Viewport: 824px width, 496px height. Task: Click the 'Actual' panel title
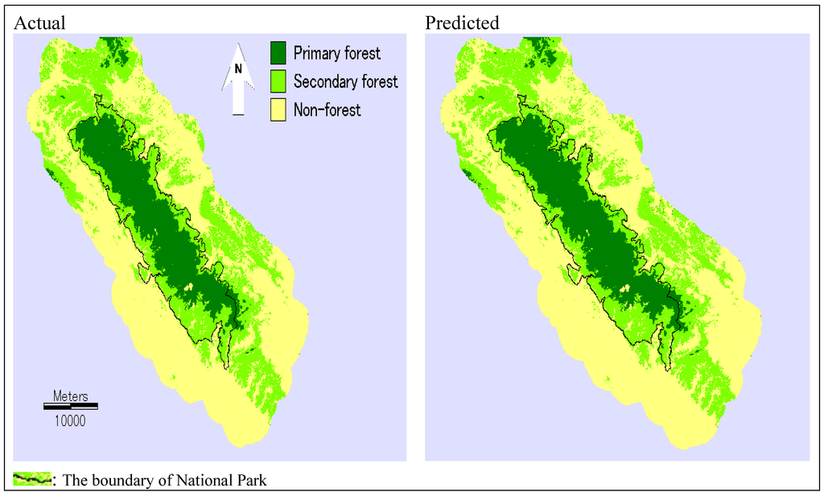39,23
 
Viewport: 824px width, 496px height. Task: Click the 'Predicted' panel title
462,23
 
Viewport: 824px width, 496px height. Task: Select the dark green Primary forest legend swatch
278,53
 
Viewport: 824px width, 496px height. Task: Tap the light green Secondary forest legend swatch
278,81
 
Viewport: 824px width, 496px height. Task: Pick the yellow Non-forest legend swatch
278,109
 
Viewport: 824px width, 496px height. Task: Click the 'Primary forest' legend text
336,54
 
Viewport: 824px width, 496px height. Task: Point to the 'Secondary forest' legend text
345,81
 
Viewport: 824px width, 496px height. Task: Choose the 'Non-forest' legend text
327,110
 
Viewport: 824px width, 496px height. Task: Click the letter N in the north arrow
238,69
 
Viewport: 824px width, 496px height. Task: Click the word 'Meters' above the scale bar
70,395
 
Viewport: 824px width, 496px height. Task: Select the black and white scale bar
70,406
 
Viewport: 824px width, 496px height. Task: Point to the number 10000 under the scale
70,420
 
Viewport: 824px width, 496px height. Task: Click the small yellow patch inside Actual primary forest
189,286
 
